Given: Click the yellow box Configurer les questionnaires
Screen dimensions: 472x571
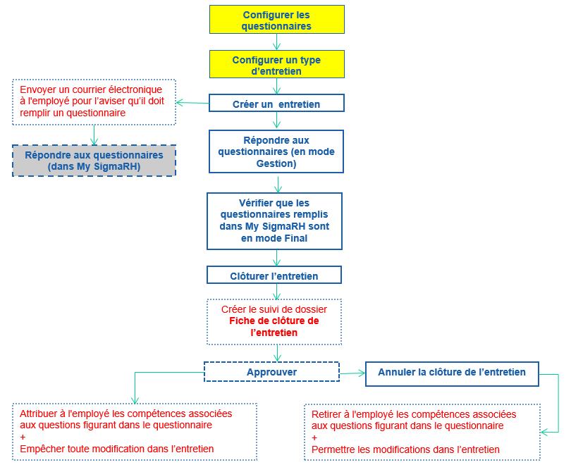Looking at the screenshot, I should [x=276, y=20].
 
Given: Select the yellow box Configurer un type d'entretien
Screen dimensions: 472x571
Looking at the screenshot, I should [x=276, y=65].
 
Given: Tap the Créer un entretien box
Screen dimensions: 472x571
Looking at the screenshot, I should [x=276, y=104].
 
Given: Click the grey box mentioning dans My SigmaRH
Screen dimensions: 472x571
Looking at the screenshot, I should [x=94, y=161].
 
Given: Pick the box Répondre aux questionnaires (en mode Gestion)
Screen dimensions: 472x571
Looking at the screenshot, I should [x=276, y=151].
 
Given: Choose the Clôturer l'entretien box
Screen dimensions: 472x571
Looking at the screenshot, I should [x=274, y=275].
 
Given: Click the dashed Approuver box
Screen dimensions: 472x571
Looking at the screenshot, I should [x=271, y=372].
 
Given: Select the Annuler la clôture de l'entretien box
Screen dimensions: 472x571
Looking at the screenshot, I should [x=452, y=373].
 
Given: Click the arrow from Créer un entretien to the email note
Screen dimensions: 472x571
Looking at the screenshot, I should [x=192, y=103].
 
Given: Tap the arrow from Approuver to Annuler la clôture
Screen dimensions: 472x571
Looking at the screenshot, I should [x=352, y=373].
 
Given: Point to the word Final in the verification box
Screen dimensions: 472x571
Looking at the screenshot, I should [x=295, y=238].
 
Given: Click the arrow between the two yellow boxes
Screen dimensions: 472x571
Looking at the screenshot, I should [x=276, y=42].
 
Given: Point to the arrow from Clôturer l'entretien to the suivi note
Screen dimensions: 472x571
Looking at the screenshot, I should [x=276, y=291].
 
